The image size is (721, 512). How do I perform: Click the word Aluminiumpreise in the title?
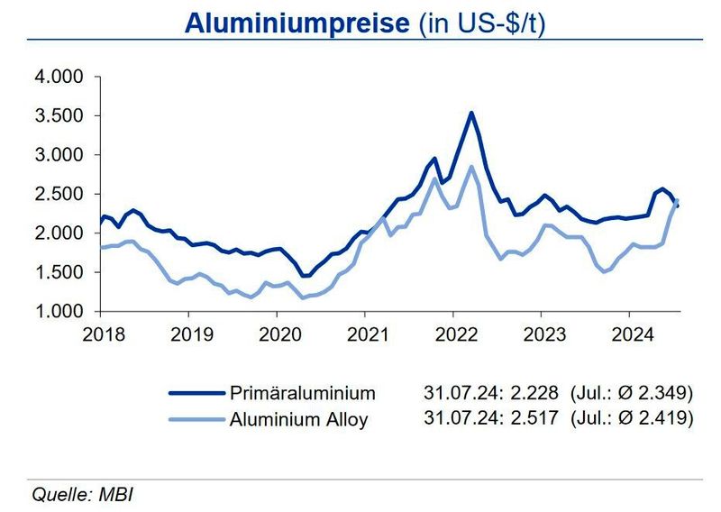point(297,23)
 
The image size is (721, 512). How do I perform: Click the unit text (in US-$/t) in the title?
point(482,23)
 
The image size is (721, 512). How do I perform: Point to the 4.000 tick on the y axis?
point(59,77)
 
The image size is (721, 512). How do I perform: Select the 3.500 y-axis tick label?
point(59,116)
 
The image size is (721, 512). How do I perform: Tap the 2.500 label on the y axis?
point(59,194)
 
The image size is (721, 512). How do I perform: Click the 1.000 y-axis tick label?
point(59,311)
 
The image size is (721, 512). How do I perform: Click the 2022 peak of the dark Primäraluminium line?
point(471,113)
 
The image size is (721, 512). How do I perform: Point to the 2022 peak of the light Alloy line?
point(470,166)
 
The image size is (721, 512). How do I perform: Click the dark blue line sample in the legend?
point(196,393)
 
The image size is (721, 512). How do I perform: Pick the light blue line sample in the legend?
point(196,419)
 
